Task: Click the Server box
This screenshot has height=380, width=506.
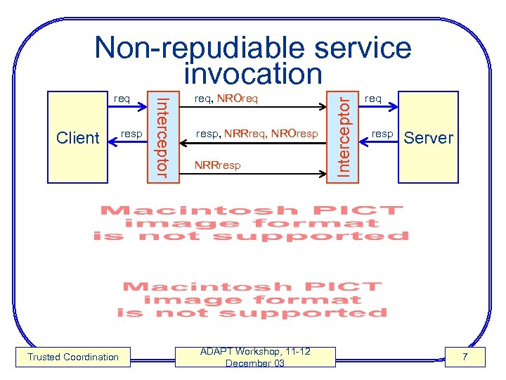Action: point(428,138)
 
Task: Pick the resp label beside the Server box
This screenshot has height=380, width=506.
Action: point(382,133)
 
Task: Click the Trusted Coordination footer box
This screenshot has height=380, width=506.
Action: point(73,357)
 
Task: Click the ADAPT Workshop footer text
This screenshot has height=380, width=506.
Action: point(255,357)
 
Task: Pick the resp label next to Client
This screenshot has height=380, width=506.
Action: point(131,132)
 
